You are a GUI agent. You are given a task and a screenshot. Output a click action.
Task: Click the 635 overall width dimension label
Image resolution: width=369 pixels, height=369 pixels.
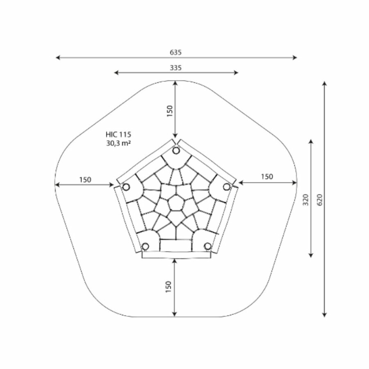click(x=176, y=52)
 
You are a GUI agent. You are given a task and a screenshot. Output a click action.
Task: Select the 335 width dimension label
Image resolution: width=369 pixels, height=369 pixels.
click(x=176, y=68)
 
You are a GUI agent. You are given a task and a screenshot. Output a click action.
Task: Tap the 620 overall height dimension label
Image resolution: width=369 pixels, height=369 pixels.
click(x=320, y=200)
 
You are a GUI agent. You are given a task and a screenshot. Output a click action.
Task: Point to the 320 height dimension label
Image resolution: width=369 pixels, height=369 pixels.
click(x=305, y=200)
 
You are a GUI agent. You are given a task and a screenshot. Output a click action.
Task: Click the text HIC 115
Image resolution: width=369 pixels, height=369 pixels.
click(x=118, y=134)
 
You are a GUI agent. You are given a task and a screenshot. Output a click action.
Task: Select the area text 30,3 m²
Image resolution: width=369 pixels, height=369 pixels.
click(x=118, y=143)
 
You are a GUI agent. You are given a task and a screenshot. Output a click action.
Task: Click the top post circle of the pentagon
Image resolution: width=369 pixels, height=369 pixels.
click(x=176, y=150)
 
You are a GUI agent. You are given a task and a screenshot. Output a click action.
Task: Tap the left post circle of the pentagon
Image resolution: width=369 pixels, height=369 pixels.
click(x=126, y=187)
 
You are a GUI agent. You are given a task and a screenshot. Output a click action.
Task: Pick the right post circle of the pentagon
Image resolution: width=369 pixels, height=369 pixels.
click(x=227, y=187)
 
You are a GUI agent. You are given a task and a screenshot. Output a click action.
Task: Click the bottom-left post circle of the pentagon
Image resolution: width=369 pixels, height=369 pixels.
click(x=146, y=246)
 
